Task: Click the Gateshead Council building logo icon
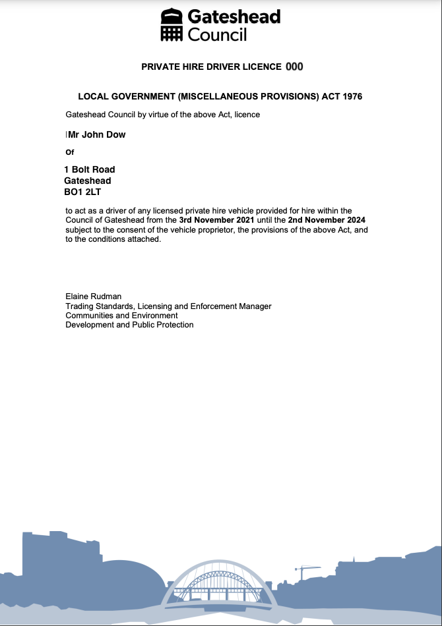click(x=172, y=25)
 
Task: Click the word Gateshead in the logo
click(x=234, y=16)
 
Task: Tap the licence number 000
click(x=294, y=67)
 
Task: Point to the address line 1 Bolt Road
click(x=90, y=169)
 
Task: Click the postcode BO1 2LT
click(x=82, y=192)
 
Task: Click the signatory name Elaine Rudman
click(x=93, y=297)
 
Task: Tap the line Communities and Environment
click(x=121, y=316)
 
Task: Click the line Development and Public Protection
click(x=129, y=325)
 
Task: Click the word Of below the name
click(x=70, y=152)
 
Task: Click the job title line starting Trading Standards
click(x=168, y=306)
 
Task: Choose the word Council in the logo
click(x=217, y=34)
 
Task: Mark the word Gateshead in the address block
click(x=87, y=181)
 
